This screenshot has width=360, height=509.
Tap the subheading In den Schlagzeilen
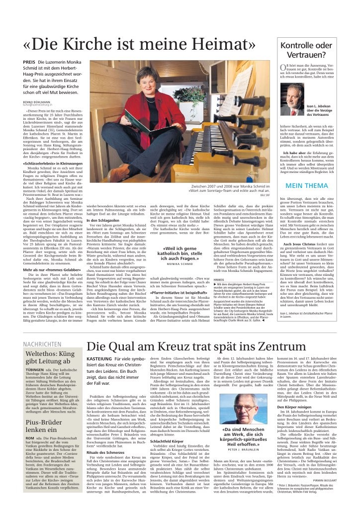point(103,219)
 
